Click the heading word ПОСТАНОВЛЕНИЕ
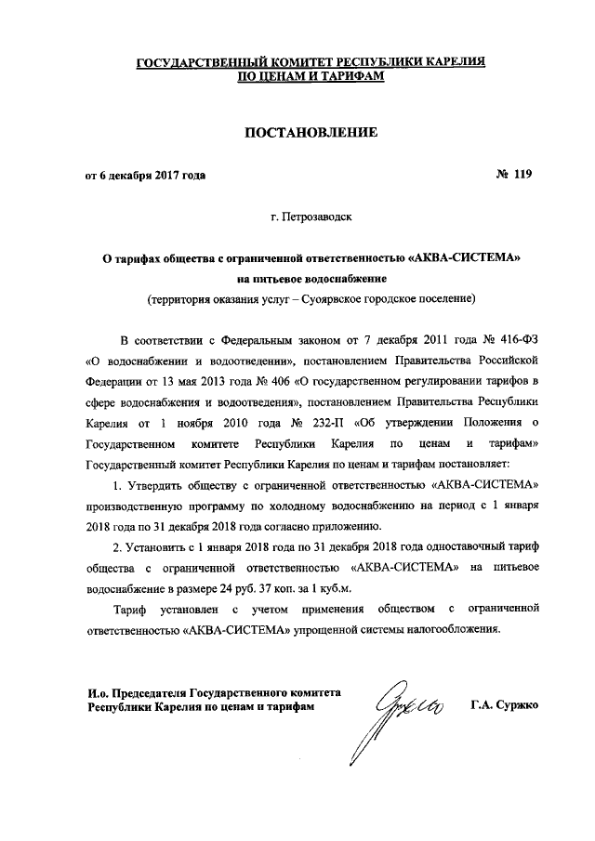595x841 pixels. coord(310,133)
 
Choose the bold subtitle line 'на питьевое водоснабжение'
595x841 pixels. coord(311,278)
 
